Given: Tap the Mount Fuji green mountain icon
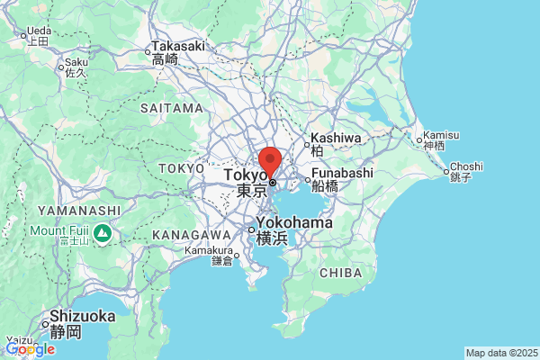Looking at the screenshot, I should (103, 234).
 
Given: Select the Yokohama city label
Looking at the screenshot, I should (293, 222).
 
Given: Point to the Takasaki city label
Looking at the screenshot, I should (177, 46).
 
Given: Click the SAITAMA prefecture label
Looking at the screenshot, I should (172, 108).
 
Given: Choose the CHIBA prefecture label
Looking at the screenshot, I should (340, 273).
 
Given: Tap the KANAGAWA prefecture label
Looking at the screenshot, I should (188, 233).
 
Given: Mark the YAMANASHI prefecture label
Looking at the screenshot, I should (79, 211).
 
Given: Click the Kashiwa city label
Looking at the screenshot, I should (335, 139).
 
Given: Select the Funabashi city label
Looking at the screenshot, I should (341, 174).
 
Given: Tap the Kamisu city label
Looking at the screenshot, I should (441, 135).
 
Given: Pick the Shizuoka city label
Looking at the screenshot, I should (82, 316).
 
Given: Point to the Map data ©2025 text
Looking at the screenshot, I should (500, 353).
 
